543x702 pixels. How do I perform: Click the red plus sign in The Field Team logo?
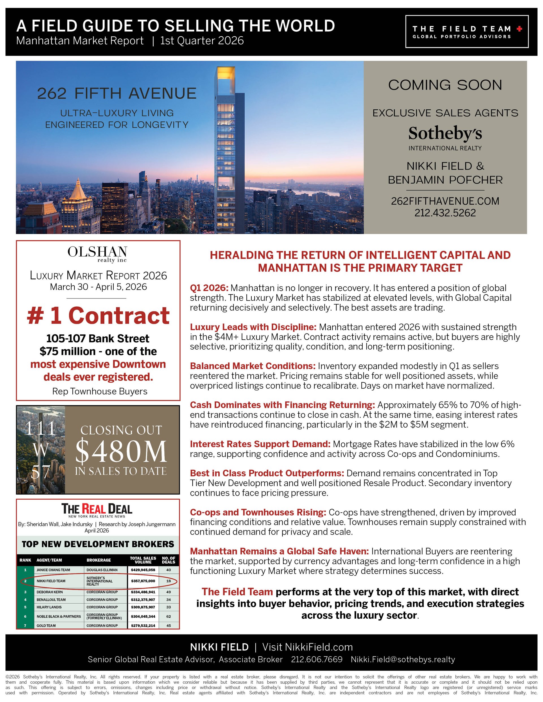pos(519,29)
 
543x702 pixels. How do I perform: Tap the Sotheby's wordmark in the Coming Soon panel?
pos(445,133)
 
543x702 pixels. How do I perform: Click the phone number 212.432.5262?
pos(445,213)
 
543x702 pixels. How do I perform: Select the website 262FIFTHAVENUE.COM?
pos(445,201)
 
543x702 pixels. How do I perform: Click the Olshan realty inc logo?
pos(98,254)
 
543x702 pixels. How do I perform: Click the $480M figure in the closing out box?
pos(121,451)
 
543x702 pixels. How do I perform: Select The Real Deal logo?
pos(97,509)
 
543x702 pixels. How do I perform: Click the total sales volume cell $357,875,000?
pos(143,581)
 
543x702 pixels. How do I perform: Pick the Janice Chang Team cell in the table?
pos(53,570)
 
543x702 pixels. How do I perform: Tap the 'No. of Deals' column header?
pos(169,560)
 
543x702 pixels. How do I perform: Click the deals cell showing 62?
pos(169,616)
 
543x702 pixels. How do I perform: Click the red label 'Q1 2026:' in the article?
pos(209,288)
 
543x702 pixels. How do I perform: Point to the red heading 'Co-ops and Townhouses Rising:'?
pos(258,512)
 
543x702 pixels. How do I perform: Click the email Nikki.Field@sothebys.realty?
pos(403,660)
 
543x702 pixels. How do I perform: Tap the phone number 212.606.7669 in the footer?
pos(316,660)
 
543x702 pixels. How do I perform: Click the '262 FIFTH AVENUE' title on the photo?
pos(117,94)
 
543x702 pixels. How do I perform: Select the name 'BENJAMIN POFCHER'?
pos(445,180)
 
